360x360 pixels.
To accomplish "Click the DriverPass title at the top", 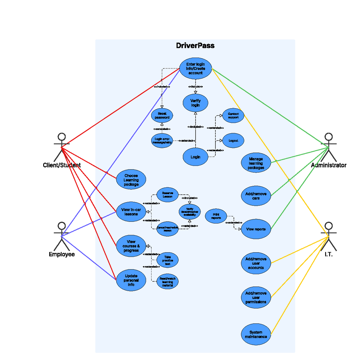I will [x=195, y=46].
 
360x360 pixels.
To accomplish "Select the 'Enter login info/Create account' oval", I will [x=195, y=69].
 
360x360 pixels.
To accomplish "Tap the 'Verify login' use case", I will [x=195, y=103].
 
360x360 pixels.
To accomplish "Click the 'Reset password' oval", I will [x=162, y=116].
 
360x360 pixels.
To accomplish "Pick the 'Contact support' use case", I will [x=233, y=116].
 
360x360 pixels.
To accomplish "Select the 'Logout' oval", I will [x=233, y=141].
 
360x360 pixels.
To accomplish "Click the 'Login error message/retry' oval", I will [x=162, y=141].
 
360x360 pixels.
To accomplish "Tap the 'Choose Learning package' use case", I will [x=131, y=180].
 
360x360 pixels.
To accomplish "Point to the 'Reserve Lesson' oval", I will [x=167, y=195].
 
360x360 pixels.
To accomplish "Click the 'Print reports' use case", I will [x=216, y=216].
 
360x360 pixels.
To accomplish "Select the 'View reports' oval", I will [x=256, y=229].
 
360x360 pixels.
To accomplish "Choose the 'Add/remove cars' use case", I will [x=256, y=196].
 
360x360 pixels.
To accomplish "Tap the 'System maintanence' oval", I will [x=256, y=334].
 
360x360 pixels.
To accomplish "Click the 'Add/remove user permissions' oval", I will [x=256, y=298].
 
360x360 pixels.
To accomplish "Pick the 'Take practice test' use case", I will [x=167, y=260].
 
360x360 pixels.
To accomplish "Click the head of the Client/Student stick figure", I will [x=62, y=137].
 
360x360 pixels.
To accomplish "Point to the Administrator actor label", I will [x=328, y=165].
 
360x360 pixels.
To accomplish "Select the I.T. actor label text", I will [x=328, y=254].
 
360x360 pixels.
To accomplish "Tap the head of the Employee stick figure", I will [x=62, y=226].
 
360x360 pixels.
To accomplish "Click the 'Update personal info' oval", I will [x=131, y=280].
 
